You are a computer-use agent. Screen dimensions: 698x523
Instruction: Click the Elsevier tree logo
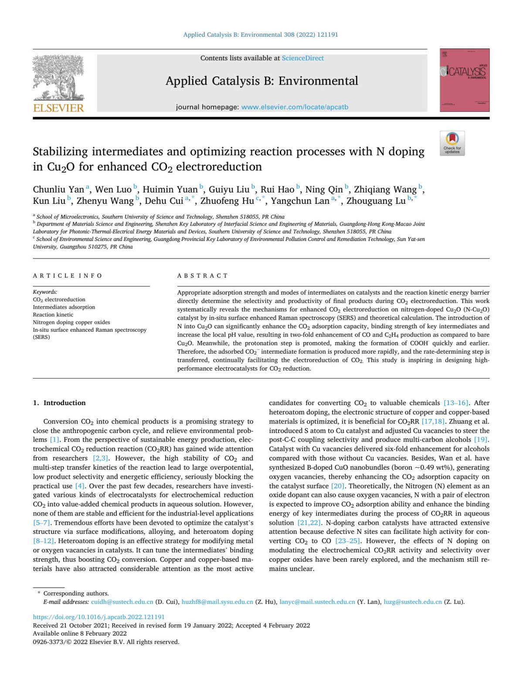click(x=58, y=78)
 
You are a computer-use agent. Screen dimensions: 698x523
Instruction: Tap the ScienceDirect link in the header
click(x=302, y=58)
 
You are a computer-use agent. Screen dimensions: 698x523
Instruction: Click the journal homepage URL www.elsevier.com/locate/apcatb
click(x=295, y=107)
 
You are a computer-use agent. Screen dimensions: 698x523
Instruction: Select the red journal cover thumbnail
click(x=465, y=80)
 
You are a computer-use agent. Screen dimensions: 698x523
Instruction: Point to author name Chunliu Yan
click(x=58, y=189)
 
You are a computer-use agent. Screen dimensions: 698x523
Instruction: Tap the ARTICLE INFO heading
click(x=68, y=275)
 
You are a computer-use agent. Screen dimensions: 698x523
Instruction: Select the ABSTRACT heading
click(x=203, y=275)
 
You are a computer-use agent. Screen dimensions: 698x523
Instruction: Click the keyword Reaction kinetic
click(x=53, y=315)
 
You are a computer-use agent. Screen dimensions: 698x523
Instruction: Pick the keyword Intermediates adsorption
click(x=64, y=307)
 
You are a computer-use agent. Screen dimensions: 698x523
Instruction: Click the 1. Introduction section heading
click(x=59, y=402)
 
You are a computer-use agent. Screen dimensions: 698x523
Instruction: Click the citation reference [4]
click(x=80, y=486)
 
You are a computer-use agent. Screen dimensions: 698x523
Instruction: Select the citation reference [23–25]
click(x=347, y=541)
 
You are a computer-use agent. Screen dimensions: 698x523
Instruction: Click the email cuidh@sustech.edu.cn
click(x=122, y=602)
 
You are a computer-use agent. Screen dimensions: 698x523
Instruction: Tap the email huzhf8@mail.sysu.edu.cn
click(x=217, y=602)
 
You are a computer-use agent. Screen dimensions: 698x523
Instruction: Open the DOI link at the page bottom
click(x=99, y=617)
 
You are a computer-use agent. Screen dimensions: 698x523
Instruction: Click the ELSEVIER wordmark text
click(x=58, y=108)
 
